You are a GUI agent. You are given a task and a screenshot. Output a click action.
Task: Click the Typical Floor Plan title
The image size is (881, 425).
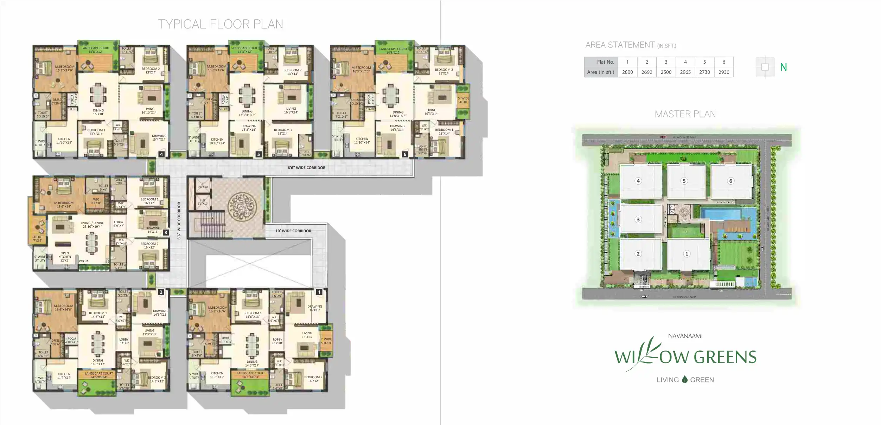[x=221, y=24]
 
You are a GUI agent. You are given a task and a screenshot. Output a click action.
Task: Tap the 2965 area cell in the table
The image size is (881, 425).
[x=685, y=72]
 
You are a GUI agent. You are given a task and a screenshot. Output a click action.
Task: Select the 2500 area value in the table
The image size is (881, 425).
[x=666, y=72]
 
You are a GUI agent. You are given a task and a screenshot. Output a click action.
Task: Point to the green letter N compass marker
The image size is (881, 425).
[x=783, y=67]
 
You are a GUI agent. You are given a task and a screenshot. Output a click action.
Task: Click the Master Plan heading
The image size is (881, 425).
[x=685, y=114]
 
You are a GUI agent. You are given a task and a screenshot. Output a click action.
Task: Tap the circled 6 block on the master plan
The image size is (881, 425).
[x=730, y=181]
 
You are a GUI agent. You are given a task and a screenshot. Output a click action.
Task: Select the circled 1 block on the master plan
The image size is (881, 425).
[x=687, y=254]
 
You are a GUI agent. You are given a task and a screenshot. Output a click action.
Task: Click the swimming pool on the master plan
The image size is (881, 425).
[x=720, y=214]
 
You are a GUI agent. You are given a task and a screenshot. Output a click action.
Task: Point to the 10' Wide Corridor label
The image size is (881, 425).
[x=293, y=231]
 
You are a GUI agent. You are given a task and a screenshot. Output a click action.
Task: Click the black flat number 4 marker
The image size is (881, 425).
[x=161, y=154]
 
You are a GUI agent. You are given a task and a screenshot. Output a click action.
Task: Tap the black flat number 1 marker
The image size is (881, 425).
[x=319, y=292]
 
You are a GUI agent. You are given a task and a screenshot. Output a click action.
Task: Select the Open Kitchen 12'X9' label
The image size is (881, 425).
[x=65, y=257]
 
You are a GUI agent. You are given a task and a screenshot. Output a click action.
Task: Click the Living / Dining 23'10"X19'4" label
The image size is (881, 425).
[x=92, y=225]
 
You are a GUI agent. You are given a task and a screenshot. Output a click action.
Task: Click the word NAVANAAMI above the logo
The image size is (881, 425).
[x=685, y=336]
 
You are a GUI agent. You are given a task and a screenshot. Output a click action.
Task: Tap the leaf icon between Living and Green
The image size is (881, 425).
[x=684, y=380]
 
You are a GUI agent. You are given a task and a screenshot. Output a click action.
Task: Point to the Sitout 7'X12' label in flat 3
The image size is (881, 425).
[x=38, y=239]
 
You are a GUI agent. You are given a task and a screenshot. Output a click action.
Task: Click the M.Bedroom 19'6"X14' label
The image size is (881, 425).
[x=64, y=205]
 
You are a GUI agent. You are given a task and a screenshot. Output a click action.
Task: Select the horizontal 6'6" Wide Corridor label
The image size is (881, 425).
[x=306, y=168]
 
